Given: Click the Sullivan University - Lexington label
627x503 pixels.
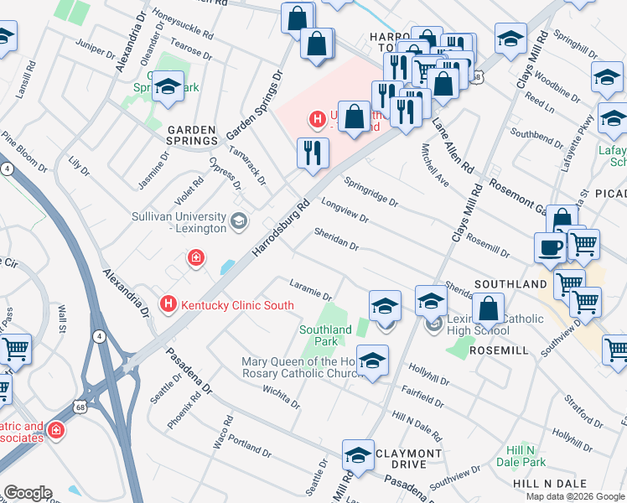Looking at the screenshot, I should [179, 222].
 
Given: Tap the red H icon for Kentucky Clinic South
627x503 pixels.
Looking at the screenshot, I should [168, 303].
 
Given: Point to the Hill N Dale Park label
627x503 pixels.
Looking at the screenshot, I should [524, 455].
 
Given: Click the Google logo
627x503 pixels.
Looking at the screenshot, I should [28, 493].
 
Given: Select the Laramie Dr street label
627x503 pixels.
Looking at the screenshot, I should [311, 289].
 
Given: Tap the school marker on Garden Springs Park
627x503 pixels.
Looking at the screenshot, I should [168, 87].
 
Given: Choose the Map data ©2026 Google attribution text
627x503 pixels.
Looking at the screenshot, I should [575, 496].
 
